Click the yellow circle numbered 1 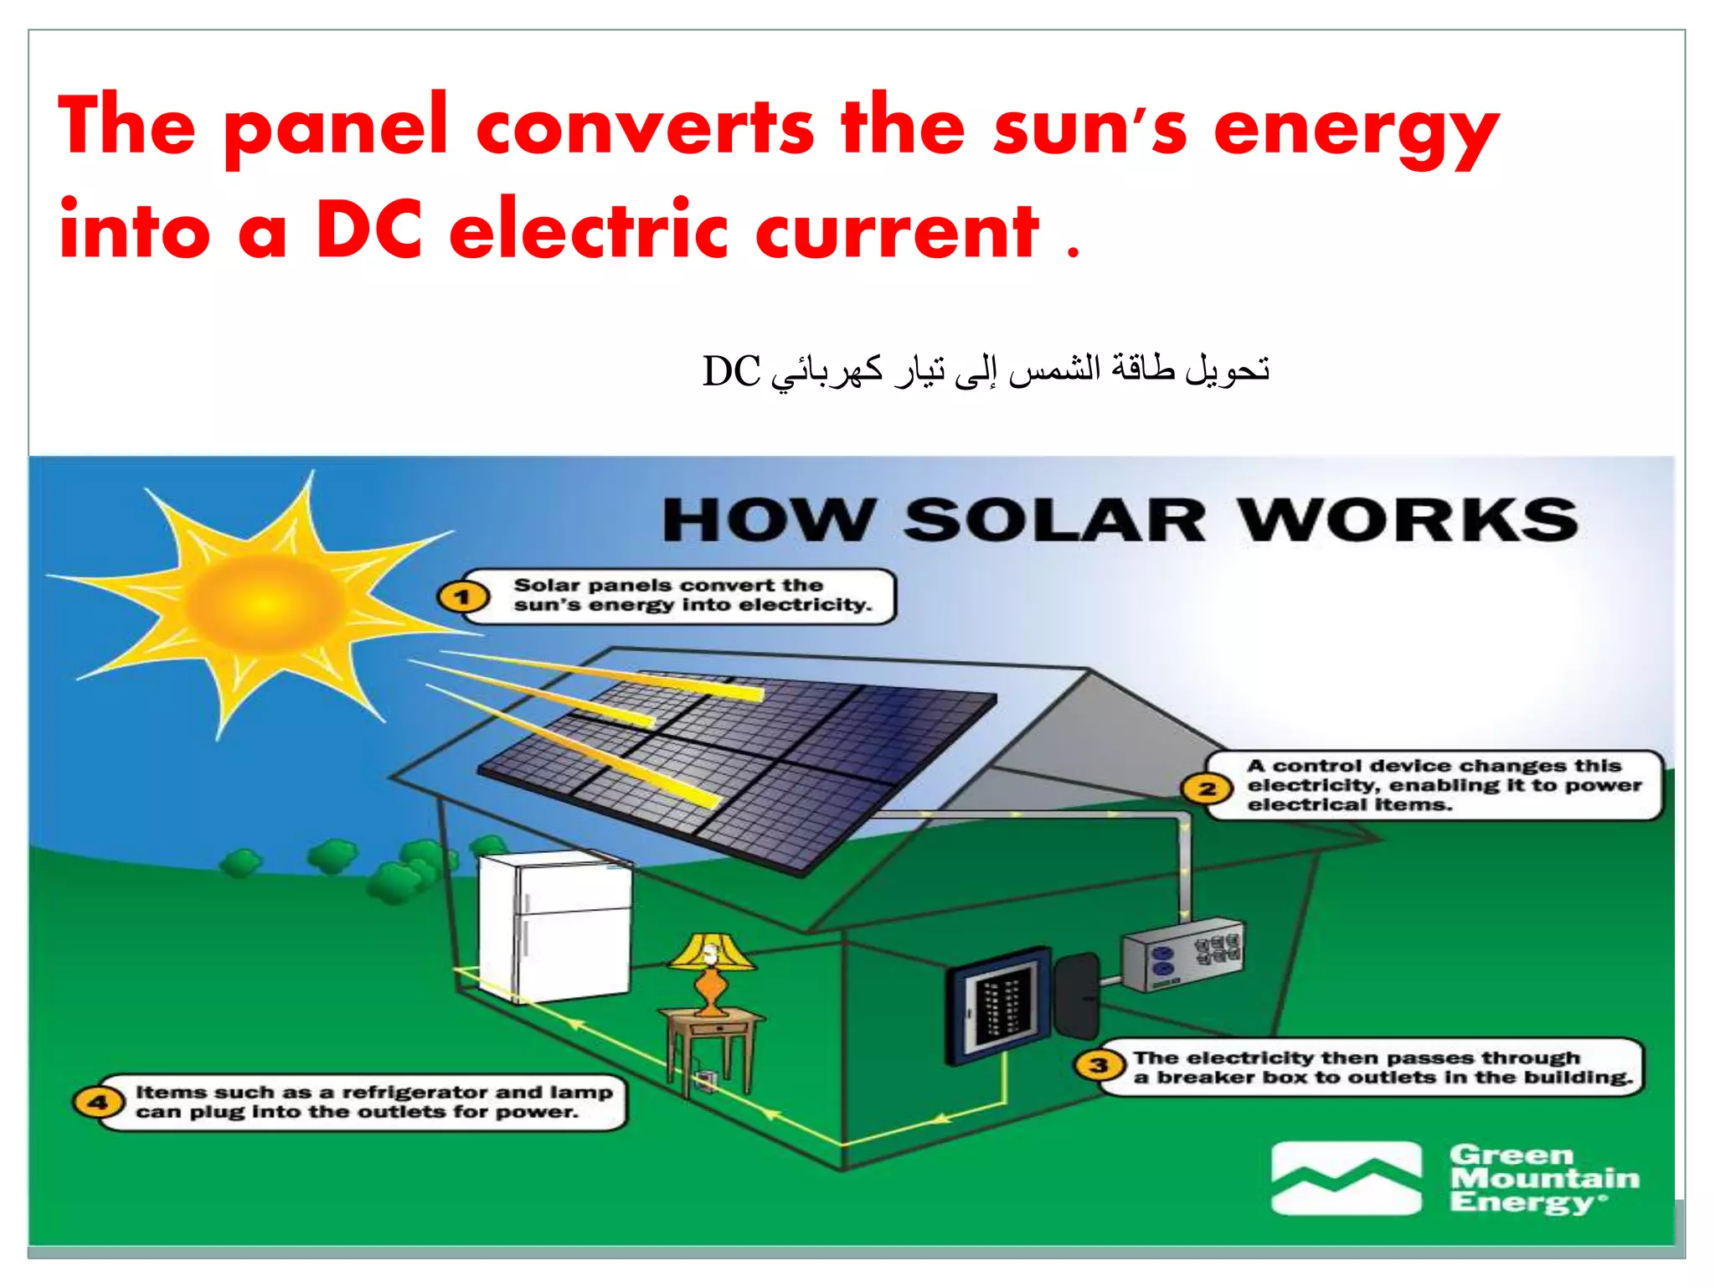[x=462, y=597]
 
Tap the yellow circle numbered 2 [x=1207, y=788]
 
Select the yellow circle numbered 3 [x=1099, y=1066]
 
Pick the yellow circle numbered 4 [x=98, y=1102]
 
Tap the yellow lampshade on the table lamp [x=712, y=952]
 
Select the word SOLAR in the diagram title [x=1055, y=521]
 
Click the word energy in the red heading [x=1357, y=131]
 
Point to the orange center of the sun [x=260, y=603]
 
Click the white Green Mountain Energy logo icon [x=1347, y=1177]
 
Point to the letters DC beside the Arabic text [x=731, y=371]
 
